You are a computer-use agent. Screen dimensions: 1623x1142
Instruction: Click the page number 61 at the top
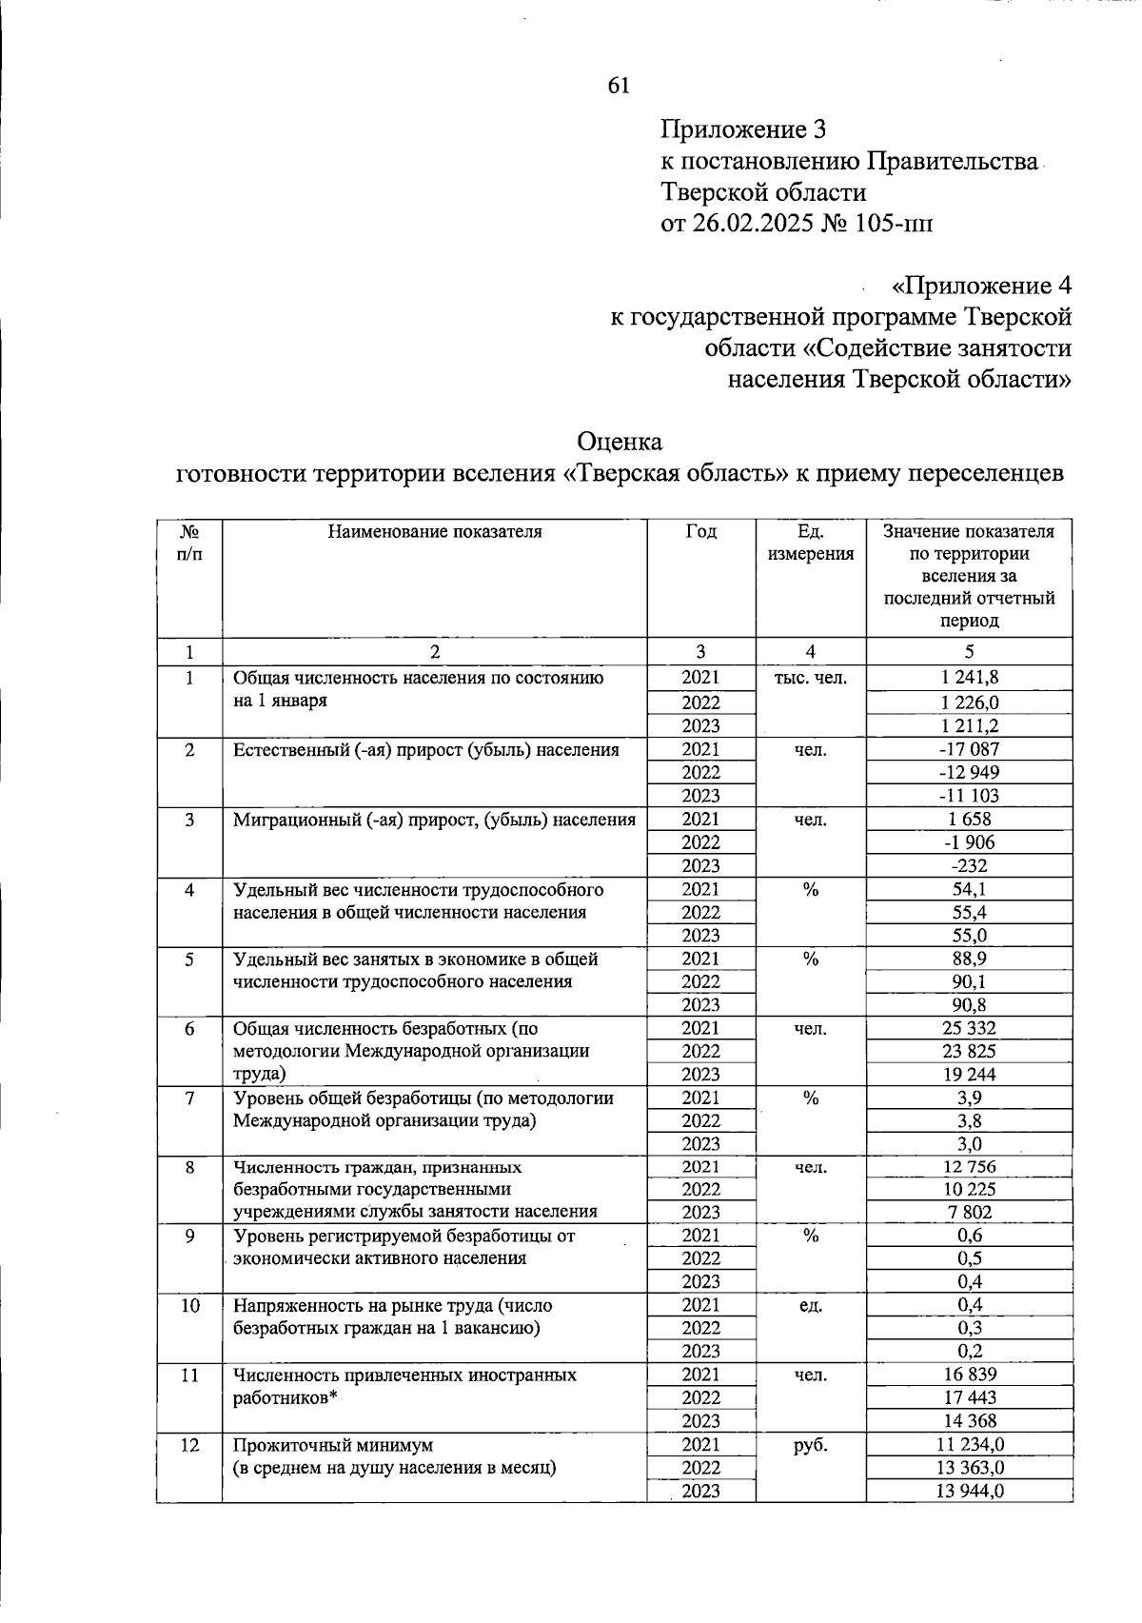(x=618, y=86)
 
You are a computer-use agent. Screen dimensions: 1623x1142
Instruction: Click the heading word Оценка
(x=619, y=442)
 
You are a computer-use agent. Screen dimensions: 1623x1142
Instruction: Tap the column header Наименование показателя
(x=435, y=532)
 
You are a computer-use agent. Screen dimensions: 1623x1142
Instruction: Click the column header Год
(x=701, y=532)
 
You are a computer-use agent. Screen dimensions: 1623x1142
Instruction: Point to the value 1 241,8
(x=969, y=678)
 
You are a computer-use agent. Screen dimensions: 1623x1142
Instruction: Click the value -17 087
(x=969, y=749)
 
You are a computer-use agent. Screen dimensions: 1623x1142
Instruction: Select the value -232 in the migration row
(x=969, y=865)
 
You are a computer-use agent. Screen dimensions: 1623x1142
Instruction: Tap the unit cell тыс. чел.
(x=810, y=679)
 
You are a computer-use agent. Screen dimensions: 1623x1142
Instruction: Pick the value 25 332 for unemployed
(x=969, y=1028)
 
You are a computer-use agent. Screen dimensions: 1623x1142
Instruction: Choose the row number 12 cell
(x=189, y=1445)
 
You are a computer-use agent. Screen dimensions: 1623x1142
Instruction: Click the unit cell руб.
(x=810, y=1445)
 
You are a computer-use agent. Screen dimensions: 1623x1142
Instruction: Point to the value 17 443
(x=969, y=1397)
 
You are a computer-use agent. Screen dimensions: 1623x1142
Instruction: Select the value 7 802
(x=969, y=1212)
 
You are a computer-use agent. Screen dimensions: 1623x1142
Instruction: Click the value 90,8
(x=969, y=1004)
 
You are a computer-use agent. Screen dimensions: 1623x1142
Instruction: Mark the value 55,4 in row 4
(x=969, y=912)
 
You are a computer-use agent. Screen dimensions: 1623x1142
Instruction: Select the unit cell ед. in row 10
(x=810, y=1305)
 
